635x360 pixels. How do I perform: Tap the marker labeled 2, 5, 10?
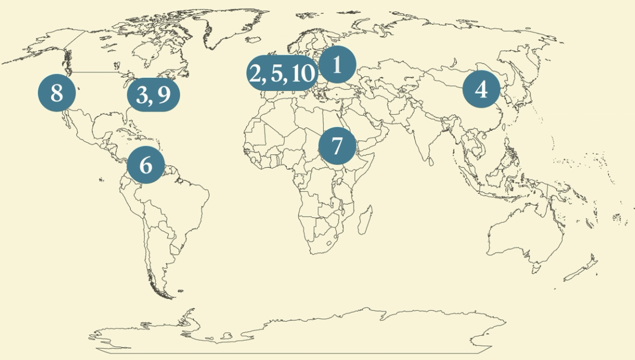281,73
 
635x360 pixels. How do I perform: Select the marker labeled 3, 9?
153,95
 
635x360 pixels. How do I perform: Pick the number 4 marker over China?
481,89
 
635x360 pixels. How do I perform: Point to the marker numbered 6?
146,164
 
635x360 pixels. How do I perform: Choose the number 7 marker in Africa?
337,146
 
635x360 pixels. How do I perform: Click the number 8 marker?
56,93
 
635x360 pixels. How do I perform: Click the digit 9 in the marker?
164,95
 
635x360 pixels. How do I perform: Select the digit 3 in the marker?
142,95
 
